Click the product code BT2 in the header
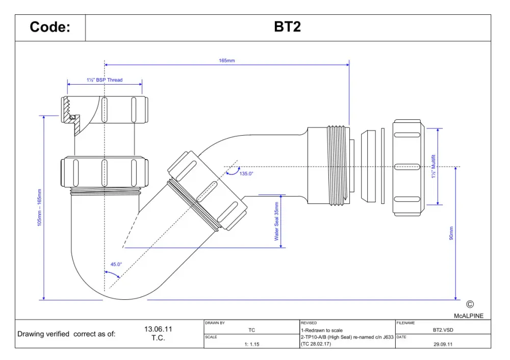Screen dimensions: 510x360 [x=287, y=27]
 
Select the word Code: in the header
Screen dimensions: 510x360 [x=50, y=27]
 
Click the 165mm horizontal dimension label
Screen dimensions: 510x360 [x=227, y=61]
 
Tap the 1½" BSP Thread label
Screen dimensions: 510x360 [x=105, y=80]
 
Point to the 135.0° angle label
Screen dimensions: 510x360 [x=246, y=174]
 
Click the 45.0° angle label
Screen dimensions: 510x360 [x=116, y=264]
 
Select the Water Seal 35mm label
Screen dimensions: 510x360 [x=276, y=221]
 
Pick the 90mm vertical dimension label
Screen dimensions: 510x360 [x=451, y=233]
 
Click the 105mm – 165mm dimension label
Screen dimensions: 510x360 [x=39, y=208]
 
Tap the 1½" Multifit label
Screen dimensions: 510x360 [x=433, y=166]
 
